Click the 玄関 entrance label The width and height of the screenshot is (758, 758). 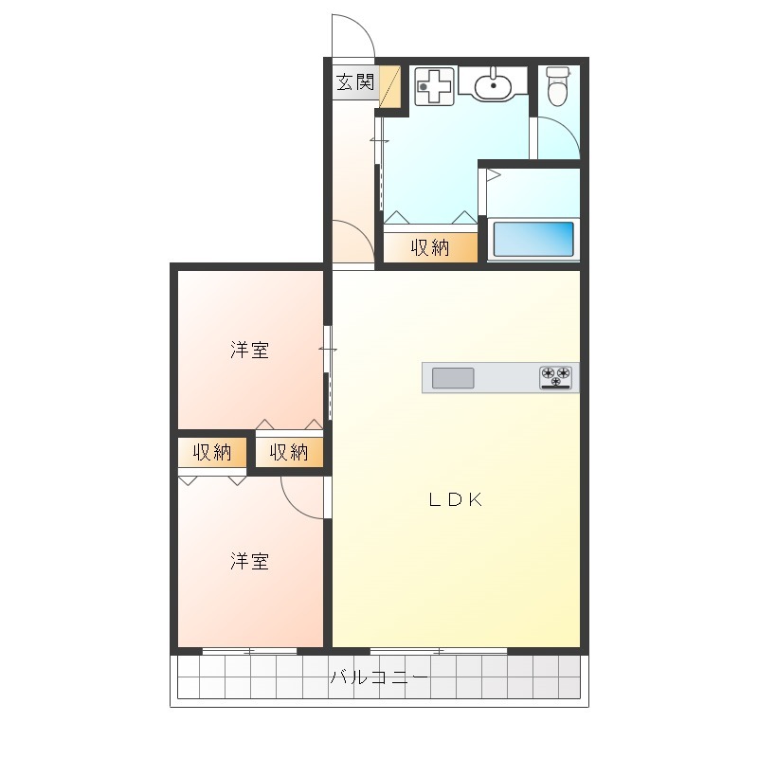[355, 82]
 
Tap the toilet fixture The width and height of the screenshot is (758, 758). [557, 85]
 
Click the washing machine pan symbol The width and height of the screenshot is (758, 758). [435, 86]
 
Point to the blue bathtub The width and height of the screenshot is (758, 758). [533, 239]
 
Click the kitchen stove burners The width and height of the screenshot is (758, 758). [555, 377]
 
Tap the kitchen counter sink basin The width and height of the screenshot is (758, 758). [453, 378]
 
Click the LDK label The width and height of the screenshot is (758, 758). [455, 499]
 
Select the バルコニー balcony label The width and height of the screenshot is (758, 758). [379, 677]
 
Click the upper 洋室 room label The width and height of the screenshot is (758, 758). [249, 350]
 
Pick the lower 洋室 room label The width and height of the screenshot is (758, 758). [249, 561]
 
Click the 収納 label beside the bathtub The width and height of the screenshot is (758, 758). [430, 247]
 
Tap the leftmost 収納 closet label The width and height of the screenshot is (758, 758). [211, 453]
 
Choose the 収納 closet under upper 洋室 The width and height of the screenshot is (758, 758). [289, 453]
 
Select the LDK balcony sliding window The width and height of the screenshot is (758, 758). [439, 651]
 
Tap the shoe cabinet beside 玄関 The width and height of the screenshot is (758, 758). [389, 87]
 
